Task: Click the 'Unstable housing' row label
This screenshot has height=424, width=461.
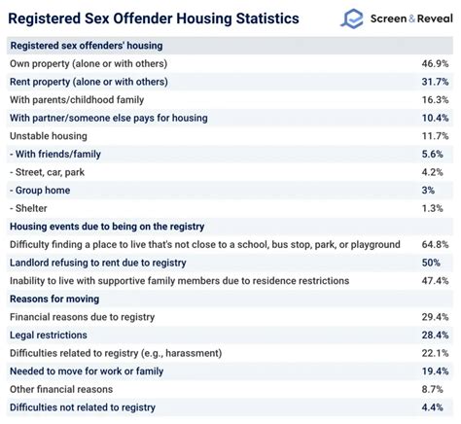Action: pyautogui.click(x=49, y=136)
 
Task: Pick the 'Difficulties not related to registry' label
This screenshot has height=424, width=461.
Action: pyautogui.click(x=95, y=406)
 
